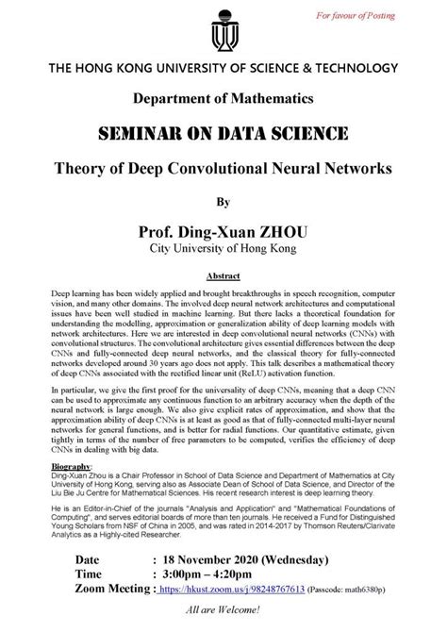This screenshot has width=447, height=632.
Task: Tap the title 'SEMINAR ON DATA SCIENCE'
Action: [x=223, y=130]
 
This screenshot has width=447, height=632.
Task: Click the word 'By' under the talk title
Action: [x=223, y=201]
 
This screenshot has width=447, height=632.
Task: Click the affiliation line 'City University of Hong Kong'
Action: [x=223, y=250]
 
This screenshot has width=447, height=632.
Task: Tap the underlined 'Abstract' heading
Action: [x=223, y=279]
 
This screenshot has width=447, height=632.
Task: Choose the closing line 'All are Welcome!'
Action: [x=224, y=622]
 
